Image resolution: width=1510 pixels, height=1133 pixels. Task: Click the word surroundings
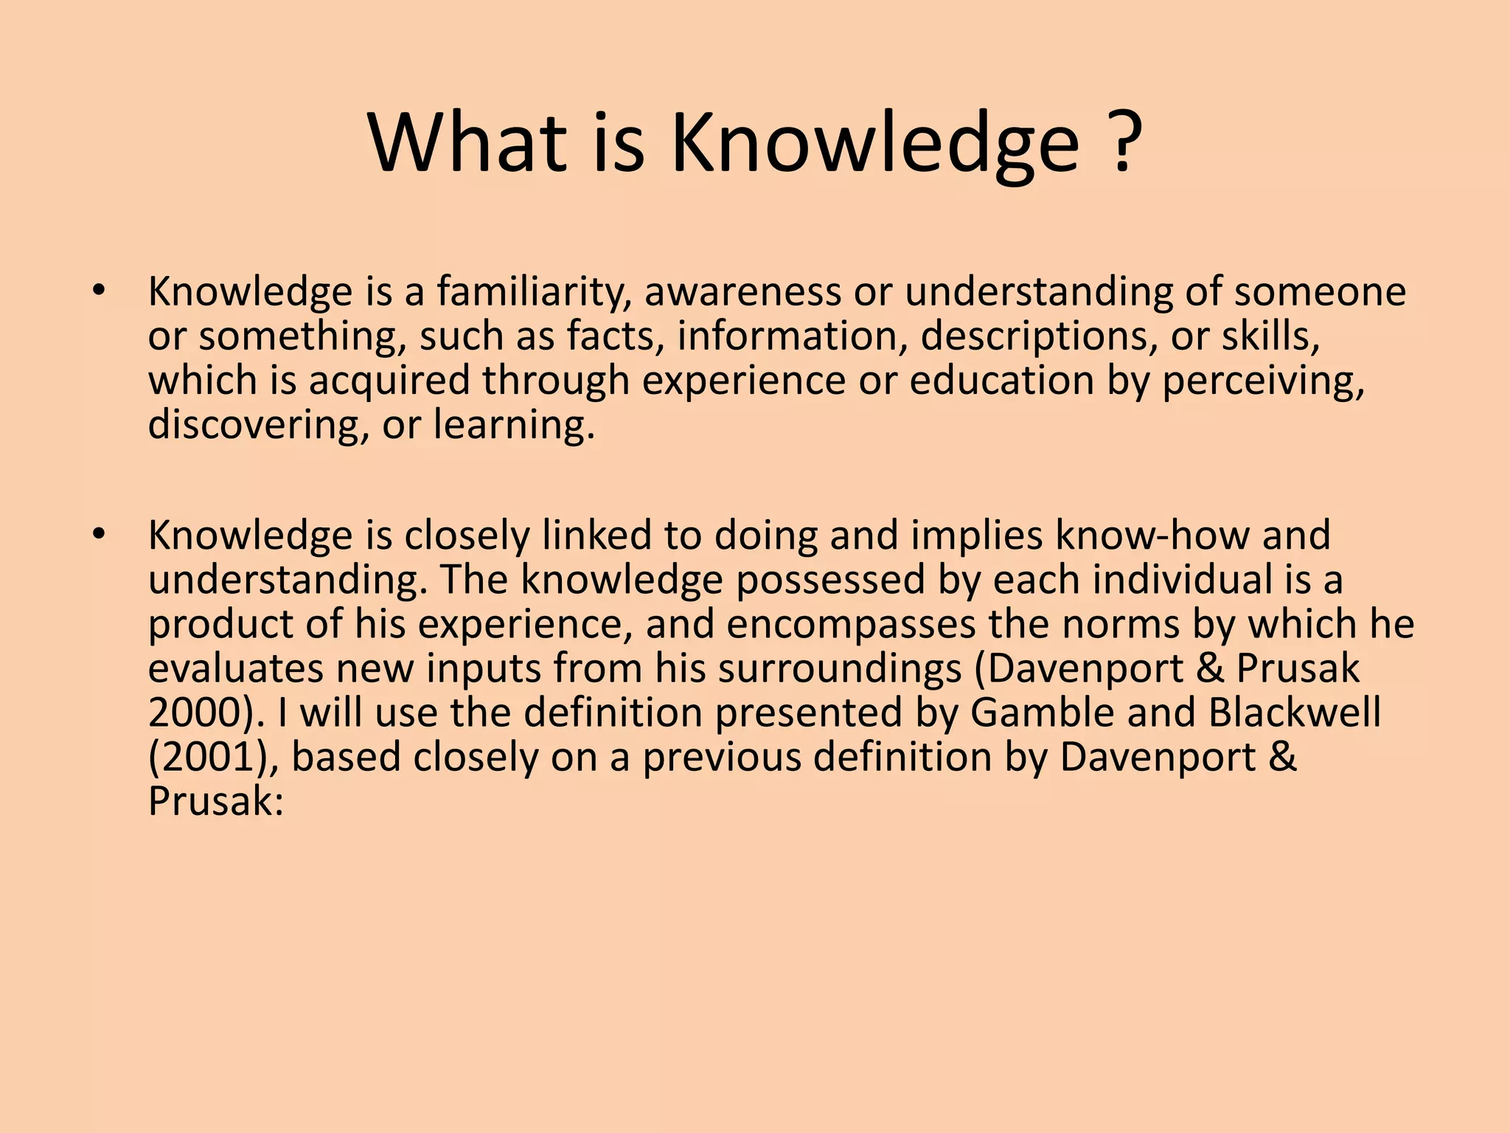point(840,668)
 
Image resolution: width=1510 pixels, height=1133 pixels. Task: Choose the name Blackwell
point(1294,713)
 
